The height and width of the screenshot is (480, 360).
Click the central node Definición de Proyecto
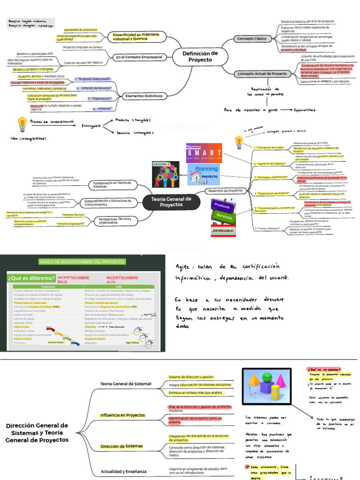(x=200, y=57)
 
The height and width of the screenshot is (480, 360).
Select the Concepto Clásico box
(x=252, y=38)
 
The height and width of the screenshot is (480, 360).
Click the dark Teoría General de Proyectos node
(x=171, y=202)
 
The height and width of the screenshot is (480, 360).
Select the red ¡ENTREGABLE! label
(x=223, y=231)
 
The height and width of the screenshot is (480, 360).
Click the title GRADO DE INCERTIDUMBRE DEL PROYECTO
(x=82, y=261)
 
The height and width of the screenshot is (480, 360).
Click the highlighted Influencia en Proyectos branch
(x=122, y=415)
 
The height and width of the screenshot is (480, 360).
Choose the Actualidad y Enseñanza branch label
(x=123, y=471)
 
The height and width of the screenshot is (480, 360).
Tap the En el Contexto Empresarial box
(x=139, y=57)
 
